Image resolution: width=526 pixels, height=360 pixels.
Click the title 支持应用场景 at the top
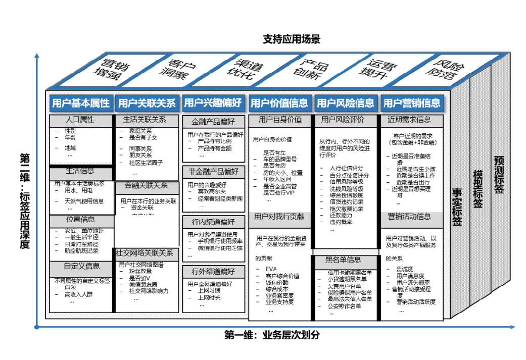[x=292, y=39]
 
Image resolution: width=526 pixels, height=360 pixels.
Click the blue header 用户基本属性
[x=81, y=104]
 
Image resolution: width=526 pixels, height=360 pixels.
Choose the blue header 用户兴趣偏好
[x=213, y=104]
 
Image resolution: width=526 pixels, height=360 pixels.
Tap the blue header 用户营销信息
[x=411, y=104]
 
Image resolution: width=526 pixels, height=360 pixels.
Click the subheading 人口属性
[x=80, y=120]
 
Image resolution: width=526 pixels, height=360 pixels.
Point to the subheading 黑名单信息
[x=343, y=260]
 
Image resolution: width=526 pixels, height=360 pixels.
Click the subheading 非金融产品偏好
[x=213, y=171]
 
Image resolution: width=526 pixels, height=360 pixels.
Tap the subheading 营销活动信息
[x=409, y=217]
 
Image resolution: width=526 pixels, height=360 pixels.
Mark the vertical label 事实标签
[x=457, y=207]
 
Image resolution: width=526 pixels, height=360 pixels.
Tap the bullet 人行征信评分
[x=346, y=168]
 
